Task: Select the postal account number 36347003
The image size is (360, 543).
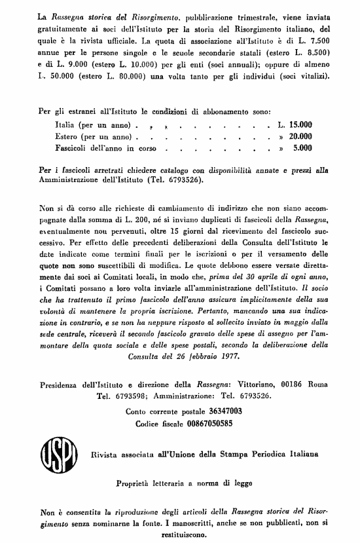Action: pos(225,411)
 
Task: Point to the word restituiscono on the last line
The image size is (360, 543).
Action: pos(180,534)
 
